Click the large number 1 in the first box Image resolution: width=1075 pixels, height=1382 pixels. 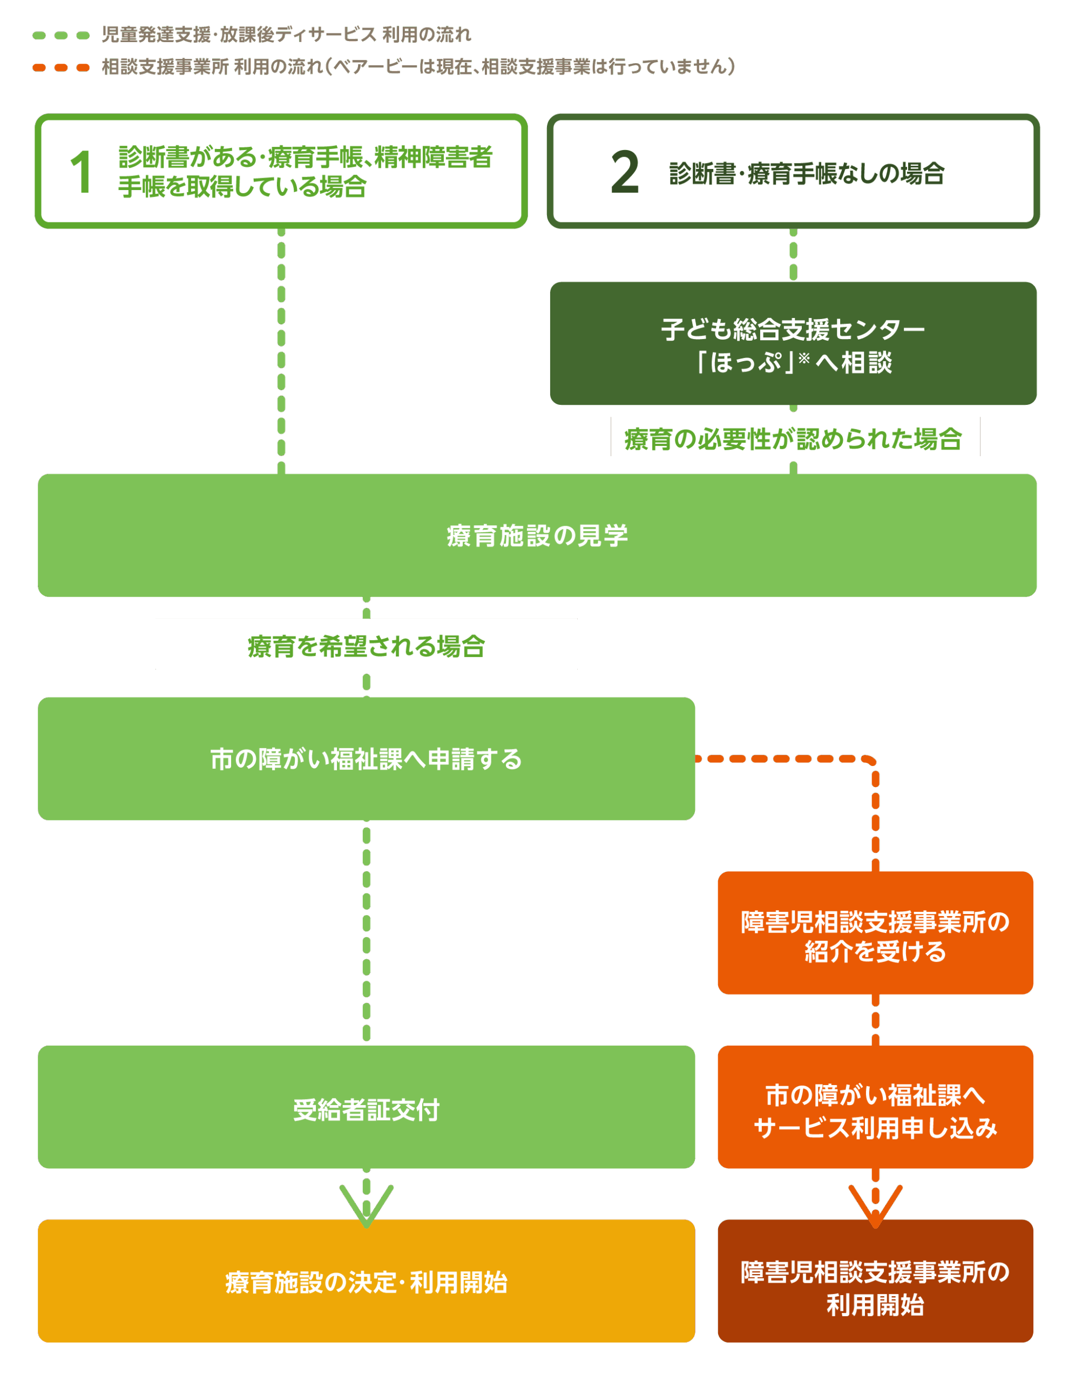82,172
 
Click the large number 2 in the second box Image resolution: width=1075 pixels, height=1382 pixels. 625,172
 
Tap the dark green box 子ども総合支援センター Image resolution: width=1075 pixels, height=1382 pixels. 793,343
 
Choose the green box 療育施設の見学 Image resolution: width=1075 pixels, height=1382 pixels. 537,536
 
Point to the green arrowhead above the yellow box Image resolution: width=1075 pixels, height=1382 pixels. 367,1206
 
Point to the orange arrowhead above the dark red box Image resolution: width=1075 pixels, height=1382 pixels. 875,1206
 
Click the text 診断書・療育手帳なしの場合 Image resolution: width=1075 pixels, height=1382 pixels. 807,173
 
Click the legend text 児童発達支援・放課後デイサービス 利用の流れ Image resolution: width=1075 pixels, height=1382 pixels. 286,35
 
